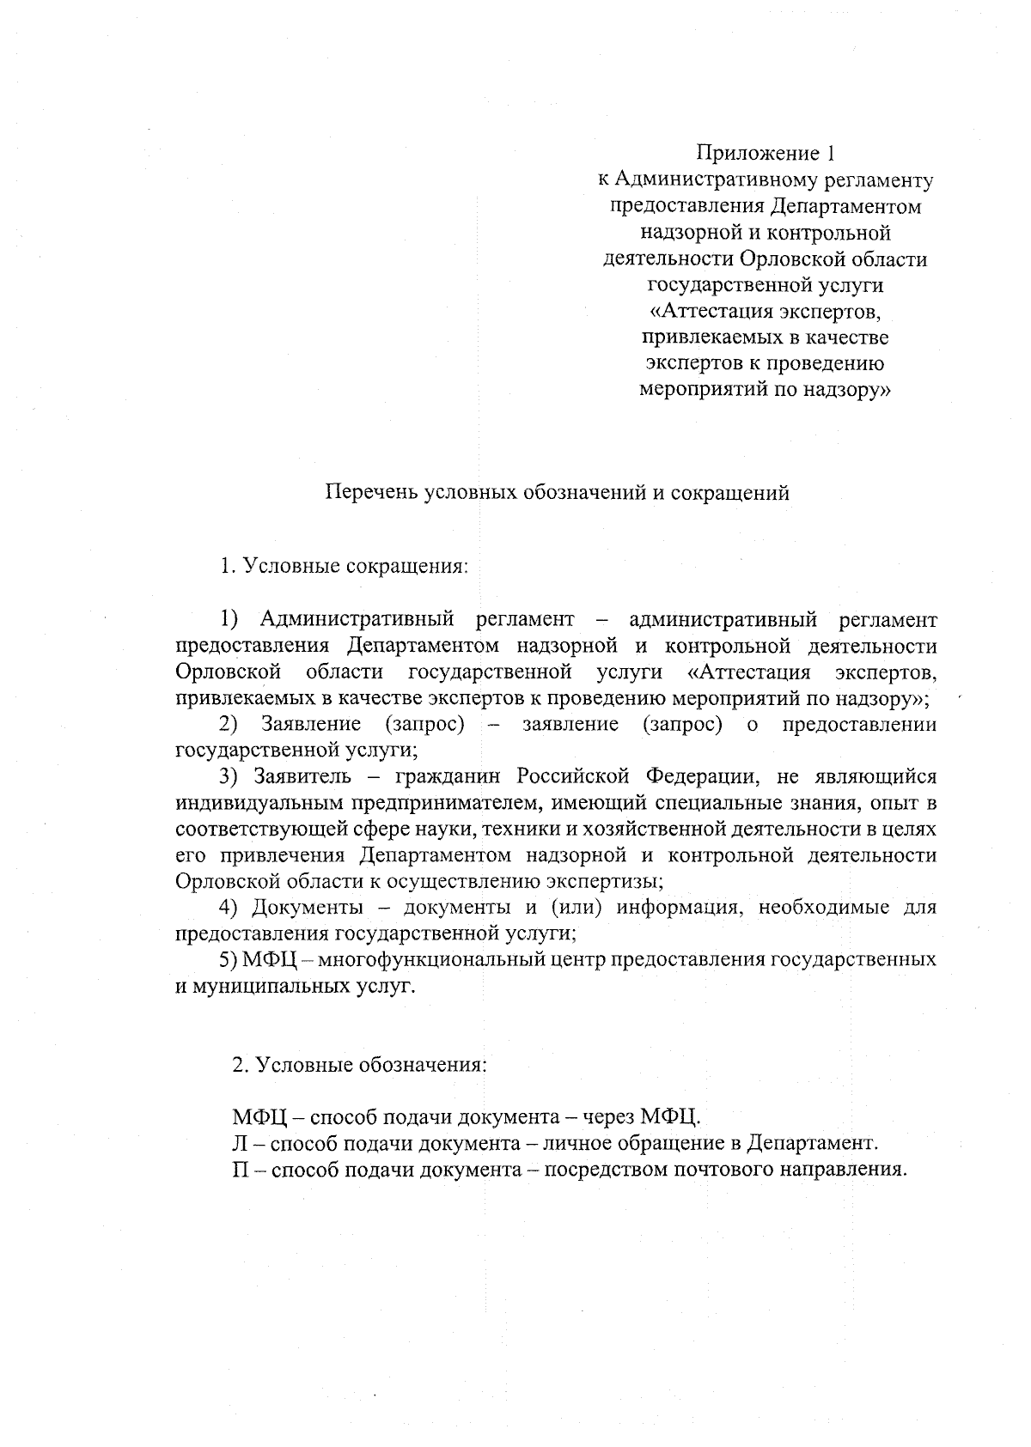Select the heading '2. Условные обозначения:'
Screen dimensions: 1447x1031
pyautogui.click(x=359, y=1066)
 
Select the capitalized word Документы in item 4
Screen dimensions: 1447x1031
pyautogui.click(x=307, y=908)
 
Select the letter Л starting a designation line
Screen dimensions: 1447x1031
pyautogui.click(x=240, y=1145)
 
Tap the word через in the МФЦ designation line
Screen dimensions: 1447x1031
pyautogui.click(x=606, y=1118)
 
